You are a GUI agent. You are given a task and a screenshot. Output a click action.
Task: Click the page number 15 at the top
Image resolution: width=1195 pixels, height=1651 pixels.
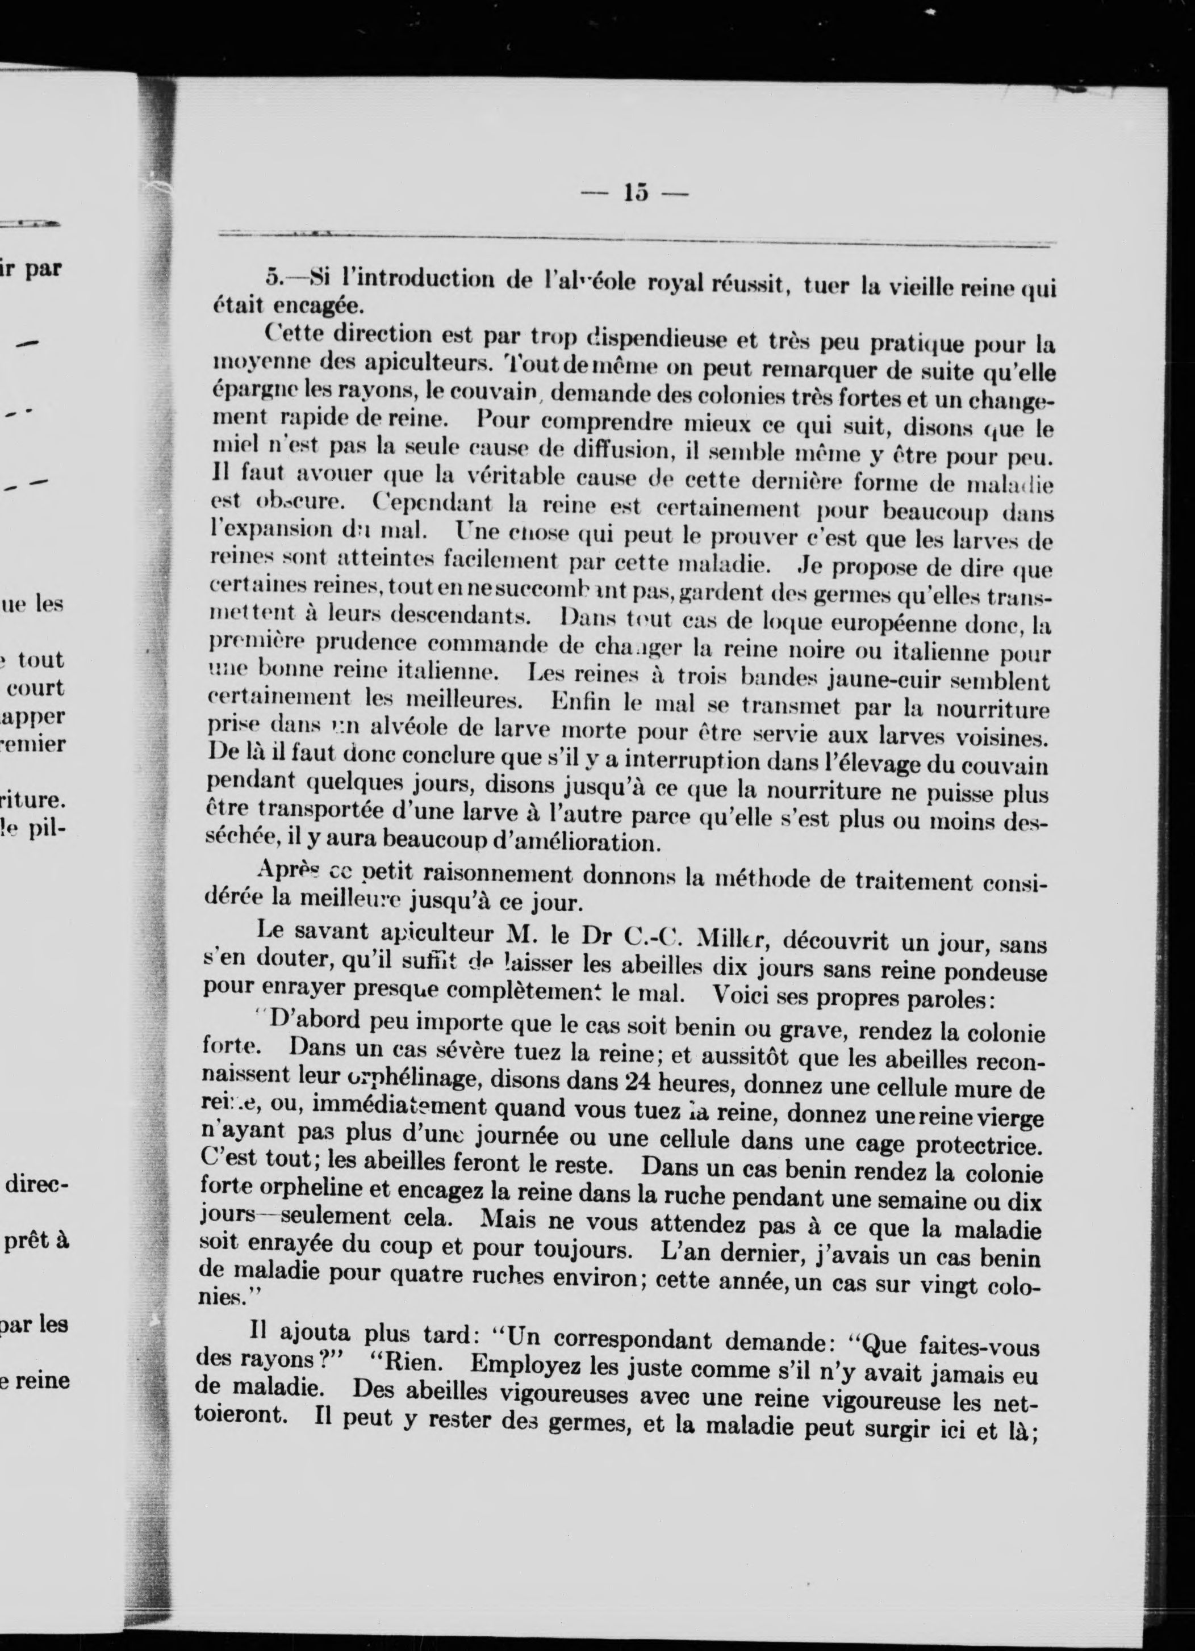pos(634,194)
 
